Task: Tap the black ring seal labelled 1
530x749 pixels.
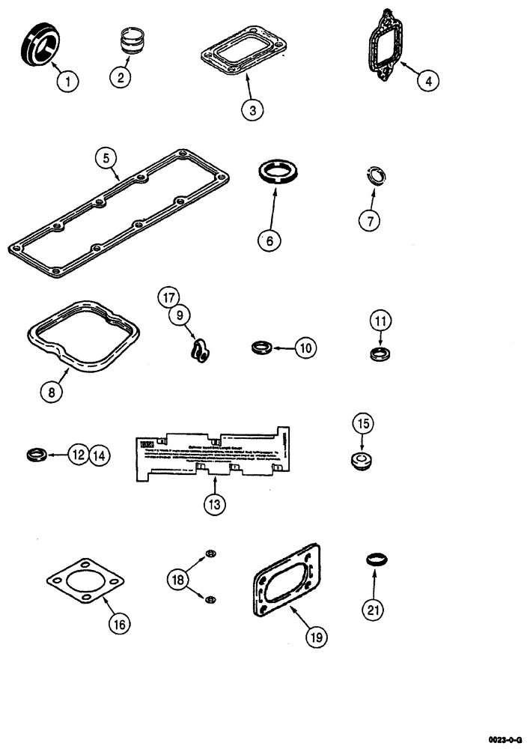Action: pyautogui.click(x=40, y=45)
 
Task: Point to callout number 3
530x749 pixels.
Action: pyautogui.click(x=252, y=109)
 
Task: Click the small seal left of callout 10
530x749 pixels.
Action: pyautogui.click(x=261, y=348)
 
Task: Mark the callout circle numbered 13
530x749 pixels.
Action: pyautogui.click(x=215, y=503)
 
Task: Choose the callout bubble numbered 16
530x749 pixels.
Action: pyautogui.click(x=119, y=622)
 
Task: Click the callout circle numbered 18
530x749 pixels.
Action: pyautogui.click(x=177, y=578)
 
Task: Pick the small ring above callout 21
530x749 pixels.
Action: pyautogui.click(x=377, y=559)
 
